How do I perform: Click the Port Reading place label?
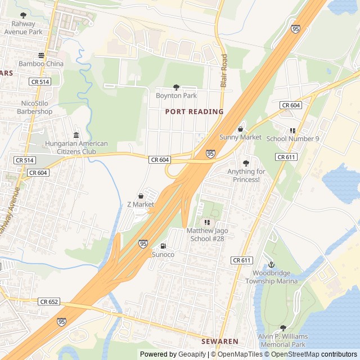click(x=194, y=111)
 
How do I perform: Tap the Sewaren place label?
click(x=220, y=341)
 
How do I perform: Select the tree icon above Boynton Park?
click(x=176, y=87)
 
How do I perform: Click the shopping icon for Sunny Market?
click(x=240, y=129)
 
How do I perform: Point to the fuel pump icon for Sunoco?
click(x=163, y=246)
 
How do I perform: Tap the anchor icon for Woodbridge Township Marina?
click(x=271, y=264)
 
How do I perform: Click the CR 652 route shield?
click(x=49, y=302)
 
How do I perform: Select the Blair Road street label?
click(x=224, y=70)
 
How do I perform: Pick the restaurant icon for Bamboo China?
click(x=41, y=55)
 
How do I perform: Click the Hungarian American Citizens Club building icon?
click(x=76, y=135)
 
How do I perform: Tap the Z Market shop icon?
click(x=140, y=196)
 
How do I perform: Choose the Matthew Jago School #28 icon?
click(x=206, y=222)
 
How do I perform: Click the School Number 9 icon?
click(x=292, y=130)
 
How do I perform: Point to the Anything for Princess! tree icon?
click(x=246, y=163)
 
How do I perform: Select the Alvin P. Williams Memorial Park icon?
click(x=283, y=328)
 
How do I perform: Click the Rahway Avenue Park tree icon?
click(x=23, y=16)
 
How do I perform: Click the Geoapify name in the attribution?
click(x=192, y=354)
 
